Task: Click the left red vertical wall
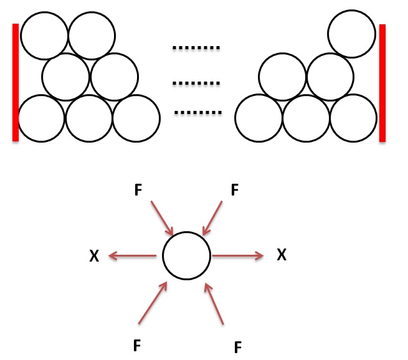[x=16, y=82]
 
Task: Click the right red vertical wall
[x=382, y=83]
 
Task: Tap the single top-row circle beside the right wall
[x=351, y=36]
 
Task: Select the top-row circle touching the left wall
[x=44, y=36]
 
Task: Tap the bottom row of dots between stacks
[x=198, y=113]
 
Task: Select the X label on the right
[x=282, y=255]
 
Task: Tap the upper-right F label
[x=234, y=189]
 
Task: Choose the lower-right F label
[x=237, y=346]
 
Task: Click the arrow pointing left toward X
[x=132, y=255]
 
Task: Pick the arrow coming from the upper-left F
[x=161, y=217]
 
